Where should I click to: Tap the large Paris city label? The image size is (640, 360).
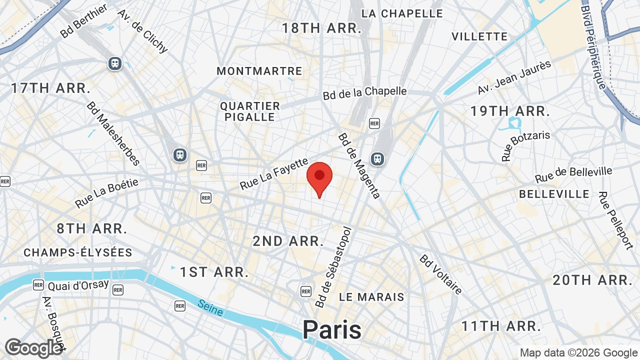coord(331,330)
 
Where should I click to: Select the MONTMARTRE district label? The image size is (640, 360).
coord(259,71)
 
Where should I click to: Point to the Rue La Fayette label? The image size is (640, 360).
coord(274,174)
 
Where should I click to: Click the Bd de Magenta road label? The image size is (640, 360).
coord(359,165)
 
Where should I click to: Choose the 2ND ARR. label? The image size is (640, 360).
coord(288,241)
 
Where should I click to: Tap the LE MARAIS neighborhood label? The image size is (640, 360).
coord(371,297)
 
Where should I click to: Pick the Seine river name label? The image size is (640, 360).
coord(210,307)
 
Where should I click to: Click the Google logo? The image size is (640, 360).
coord(33,348)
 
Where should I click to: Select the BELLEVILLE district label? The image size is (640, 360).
coord(554,194)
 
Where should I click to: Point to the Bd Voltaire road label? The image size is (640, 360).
coord(441,274)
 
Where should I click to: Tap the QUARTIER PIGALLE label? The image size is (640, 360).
coord(250,111)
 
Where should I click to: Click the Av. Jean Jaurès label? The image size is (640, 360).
coord(514,78)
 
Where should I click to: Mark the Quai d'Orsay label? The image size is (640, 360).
coord(78,285)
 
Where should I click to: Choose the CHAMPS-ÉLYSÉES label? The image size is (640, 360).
coord(78,252)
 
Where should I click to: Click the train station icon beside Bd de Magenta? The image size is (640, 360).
coord(377,158)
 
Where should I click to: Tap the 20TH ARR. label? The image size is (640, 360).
coord(593,280)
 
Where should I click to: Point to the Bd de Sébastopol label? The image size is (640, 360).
coord(334,267)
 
